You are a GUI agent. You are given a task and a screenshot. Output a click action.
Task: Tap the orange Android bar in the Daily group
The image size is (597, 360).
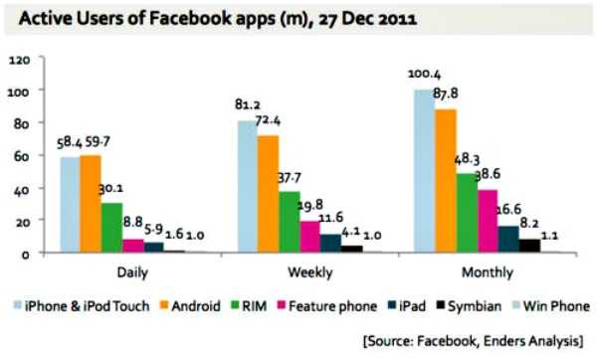(91, 204)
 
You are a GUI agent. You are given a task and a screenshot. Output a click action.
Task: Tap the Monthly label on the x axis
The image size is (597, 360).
(485, 271)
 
